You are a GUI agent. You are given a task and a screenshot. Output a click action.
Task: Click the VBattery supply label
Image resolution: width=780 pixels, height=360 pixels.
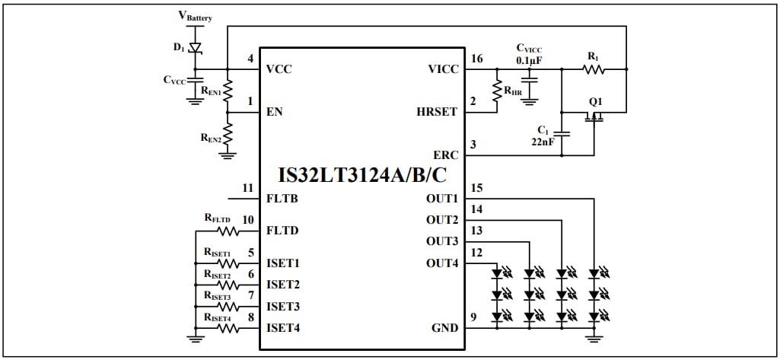point(196,16)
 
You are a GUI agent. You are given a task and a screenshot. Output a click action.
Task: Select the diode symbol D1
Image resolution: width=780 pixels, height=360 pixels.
point(196,47)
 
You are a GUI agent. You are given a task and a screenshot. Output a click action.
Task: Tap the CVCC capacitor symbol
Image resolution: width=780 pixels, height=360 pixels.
point(196,78)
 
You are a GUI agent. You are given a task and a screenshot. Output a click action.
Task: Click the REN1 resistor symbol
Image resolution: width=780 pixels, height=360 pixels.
point(228,90)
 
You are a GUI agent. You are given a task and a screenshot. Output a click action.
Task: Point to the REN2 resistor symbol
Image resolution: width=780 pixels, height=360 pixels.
point(228,135)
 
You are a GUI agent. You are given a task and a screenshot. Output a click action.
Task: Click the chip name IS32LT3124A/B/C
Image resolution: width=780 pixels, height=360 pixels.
point(362,176)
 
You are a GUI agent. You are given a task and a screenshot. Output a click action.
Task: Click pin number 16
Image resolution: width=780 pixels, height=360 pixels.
point(476,59)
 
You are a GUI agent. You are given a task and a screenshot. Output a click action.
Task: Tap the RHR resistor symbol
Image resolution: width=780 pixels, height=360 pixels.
point(498,91)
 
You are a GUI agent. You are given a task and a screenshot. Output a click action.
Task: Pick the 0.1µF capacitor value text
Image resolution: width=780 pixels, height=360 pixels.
point(530,59)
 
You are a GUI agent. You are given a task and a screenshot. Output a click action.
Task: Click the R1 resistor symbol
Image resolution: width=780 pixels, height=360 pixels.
point(594,69)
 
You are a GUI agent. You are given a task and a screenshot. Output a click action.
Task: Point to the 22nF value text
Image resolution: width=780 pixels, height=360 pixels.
point(543,141)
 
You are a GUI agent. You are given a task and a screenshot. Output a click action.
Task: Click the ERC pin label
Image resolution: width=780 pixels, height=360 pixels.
point(445,155)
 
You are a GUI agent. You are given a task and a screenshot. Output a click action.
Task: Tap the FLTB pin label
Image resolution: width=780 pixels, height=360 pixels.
point(282,199)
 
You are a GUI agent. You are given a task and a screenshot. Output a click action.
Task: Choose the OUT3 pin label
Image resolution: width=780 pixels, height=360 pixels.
point(441,242)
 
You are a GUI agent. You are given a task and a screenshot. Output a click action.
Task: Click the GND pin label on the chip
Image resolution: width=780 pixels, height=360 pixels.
point(444,328)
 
